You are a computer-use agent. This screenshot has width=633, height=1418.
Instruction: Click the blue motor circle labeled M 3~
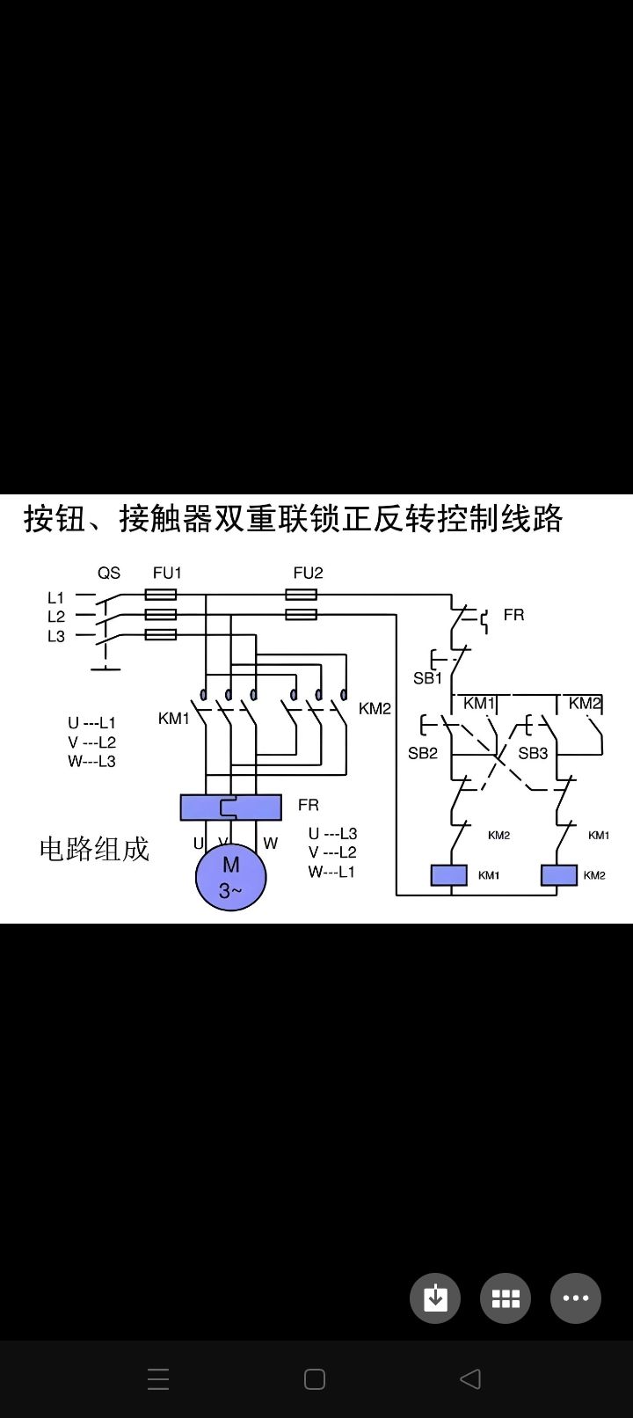point(230,877)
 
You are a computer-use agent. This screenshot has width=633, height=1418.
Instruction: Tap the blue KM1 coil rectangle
point(448,875)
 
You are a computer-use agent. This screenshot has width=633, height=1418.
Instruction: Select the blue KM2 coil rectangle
point(558,875)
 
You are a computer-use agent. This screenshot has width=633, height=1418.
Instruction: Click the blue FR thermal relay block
point(230,807)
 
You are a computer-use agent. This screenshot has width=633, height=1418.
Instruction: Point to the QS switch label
point(109,573)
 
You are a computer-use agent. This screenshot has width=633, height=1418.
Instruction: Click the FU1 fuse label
point(167,573)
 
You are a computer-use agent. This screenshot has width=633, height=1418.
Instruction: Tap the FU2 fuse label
point(309,573)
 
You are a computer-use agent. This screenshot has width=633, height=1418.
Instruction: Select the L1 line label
point(56,597)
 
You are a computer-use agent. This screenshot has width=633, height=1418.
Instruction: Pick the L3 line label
point(56,636)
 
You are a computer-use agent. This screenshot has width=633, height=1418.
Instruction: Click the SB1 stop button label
point(428,678)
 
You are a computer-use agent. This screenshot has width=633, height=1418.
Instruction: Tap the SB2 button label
point(423,753)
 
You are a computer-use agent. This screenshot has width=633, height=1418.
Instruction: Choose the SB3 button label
point(533,753)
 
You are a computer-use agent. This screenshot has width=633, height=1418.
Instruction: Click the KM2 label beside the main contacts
point(375,708)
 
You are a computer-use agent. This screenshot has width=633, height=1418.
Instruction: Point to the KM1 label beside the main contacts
point(174,719)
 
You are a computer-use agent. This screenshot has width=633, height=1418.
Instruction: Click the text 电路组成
point(94,849)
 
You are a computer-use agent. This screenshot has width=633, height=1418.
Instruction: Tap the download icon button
point(435,1297)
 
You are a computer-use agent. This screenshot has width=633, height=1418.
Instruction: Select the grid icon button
point(506,1297)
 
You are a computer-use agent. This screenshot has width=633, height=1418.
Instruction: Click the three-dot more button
point(576,1297)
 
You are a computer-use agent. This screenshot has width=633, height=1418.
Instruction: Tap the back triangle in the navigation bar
point(470,1378)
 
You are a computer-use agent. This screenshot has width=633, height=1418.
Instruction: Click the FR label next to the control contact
point(513,615)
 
